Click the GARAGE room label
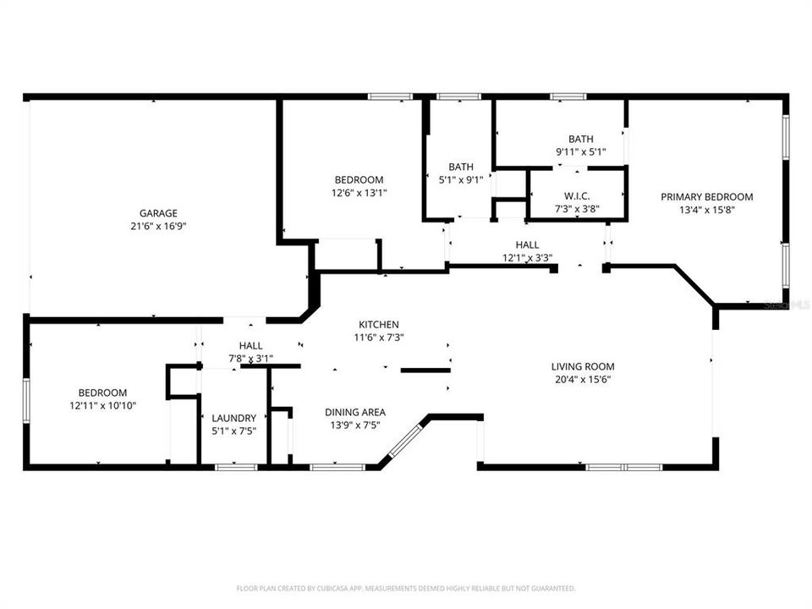click(x=158, y=213)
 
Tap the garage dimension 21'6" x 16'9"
click(x=158, y=226)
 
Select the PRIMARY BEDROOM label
click(x=706, y=197)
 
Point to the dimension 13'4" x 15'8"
click(x=706, y=210)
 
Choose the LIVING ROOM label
click(x=583, y=366)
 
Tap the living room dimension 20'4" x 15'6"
click(x=583, y=379)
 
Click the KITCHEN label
click(x=378, y=325)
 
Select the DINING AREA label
click(x=356, y=413)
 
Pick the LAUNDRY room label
click(x=234, y=418)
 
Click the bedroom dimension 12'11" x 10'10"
click(x=102, y=405)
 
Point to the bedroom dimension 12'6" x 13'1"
click(x=359, y=192)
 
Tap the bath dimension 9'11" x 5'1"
click(x=580, y=151)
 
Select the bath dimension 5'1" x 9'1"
click(x=461, y=179)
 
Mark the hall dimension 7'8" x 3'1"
click(x=250, y=358)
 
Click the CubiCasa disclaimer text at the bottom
click(x=406, y=588)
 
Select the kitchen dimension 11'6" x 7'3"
click(x=378, y=337)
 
